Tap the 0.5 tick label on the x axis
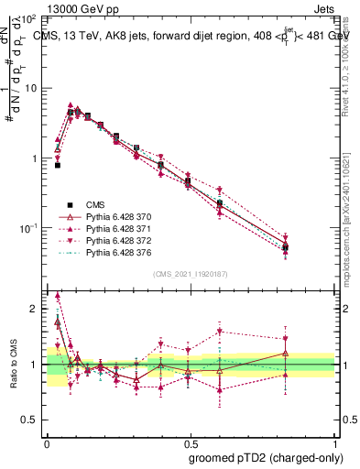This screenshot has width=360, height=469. (191, 441)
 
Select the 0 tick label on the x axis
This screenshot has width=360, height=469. (47, 441)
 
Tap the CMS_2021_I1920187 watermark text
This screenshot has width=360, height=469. (191, 273)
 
